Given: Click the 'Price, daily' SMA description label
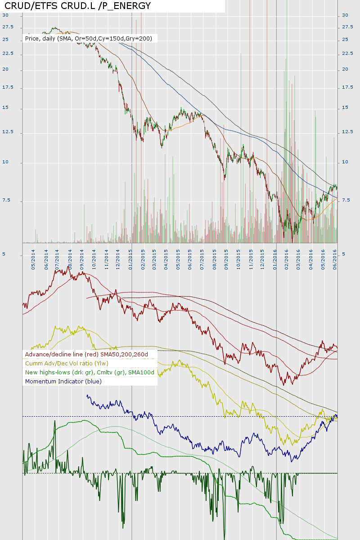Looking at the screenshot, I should [89, 39].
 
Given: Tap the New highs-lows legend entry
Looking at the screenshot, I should [90, 372].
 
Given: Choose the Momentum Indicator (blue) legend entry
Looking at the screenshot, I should [63, 381].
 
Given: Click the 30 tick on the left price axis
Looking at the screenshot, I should [5, 15].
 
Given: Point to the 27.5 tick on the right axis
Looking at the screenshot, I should [347, 27].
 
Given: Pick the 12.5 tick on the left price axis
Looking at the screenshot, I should [8, 132].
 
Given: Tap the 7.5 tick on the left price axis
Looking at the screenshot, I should [6, 200].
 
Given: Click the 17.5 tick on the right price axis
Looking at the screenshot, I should [347, 87].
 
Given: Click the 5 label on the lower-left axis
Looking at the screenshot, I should [4, 254].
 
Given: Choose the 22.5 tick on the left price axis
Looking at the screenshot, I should [8, 54].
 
